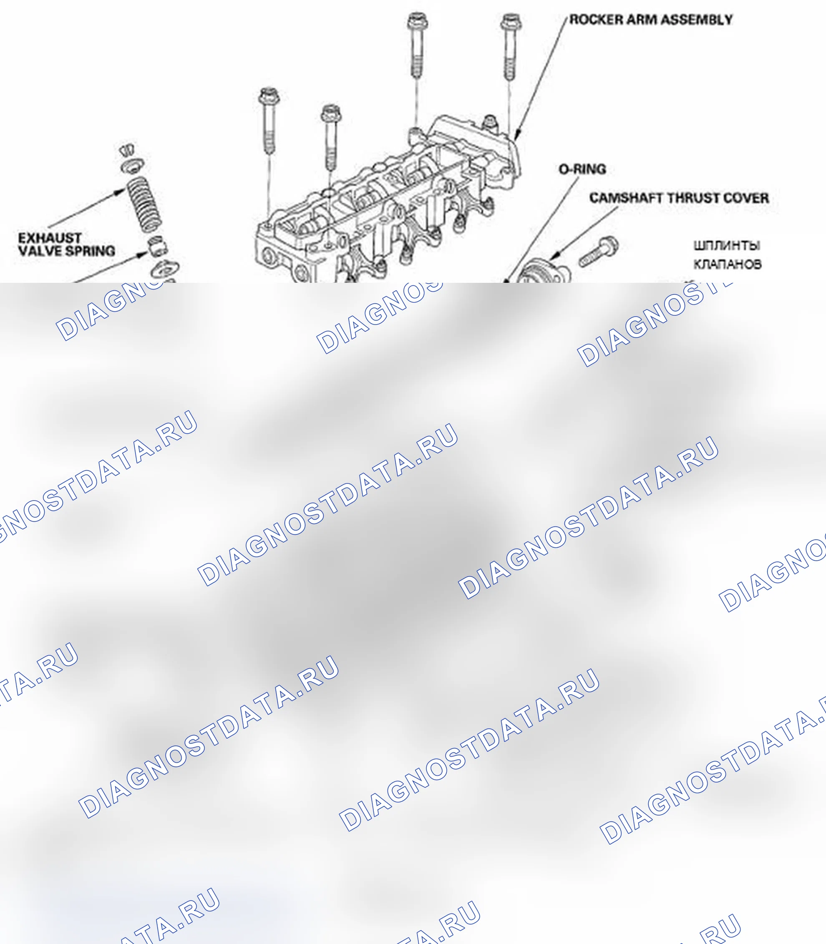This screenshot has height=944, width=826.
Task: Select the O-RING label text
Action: [x=582, y=169]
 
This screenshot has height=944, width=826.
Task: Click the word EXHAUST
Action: [x=50, y=238]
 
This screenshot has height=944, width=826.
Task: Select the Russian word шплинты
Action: [x=726, y=245]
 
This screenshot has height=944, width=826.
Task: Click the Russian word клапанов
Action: [x=728, y=264]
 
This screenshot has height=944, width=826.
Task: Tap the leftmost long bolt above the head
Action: [x=268, y=120]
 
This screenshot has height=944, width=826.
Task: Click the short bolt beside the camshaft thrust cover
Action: [x=598, y=252]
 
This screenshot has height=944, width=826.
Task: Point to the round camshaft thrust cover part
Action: [x=543, y=273]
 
